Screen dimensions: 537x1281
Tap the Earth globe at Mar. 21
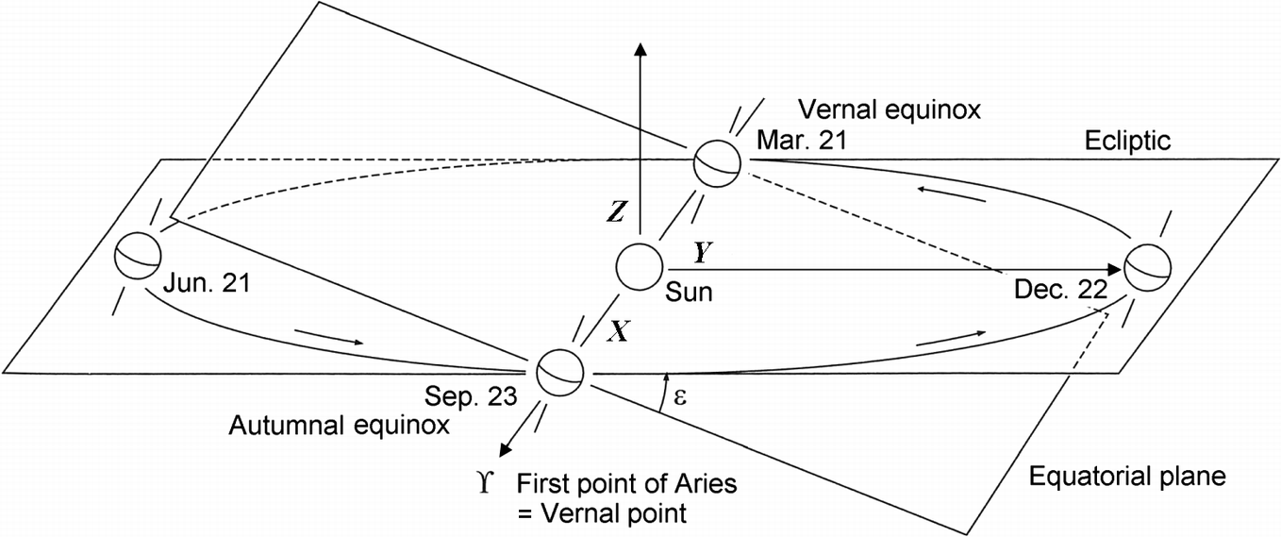click(716, 164)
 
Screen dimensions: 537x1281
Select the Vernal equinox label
click(890, 109)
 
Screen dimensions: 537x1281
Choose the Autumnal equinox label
click(339, 427)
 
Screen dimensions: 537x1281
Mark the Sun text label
click(689, 294)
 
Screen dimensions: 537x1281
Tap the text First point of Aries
click(626, 486)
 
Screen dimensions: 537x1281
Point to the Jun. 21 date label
click(206, 281)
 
